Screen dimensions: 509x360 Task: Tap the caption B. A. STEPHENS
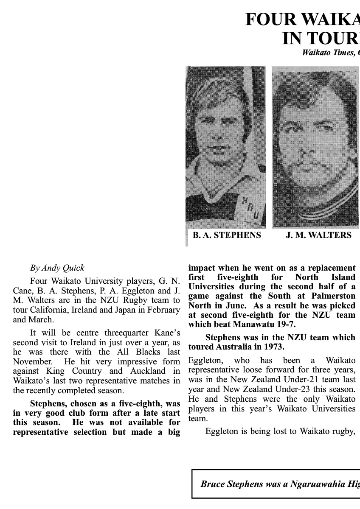click(227, 235)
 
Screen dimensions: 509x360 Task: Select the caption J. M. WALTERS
click(318, 235)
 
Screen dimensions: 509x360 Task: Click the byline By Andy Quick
click(57, 268)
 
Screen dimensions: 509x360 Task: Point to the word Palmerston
click(331, 296)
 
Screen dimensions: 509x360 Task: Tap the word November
click(32, 361)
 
